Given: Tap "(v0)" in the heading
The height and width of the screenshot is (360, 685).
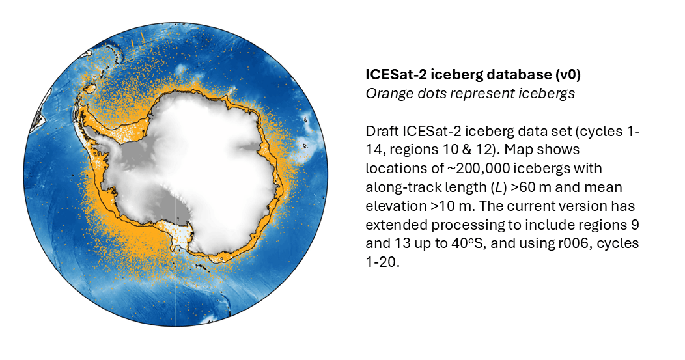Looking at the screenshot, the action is pos(568,75).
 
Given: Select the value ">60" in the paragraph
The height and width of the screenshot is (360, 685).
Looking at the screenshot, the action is pos(524,187).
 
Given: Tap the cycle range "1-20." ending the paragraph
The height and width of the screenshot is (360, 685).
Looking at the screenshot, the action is pos(383,262).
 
